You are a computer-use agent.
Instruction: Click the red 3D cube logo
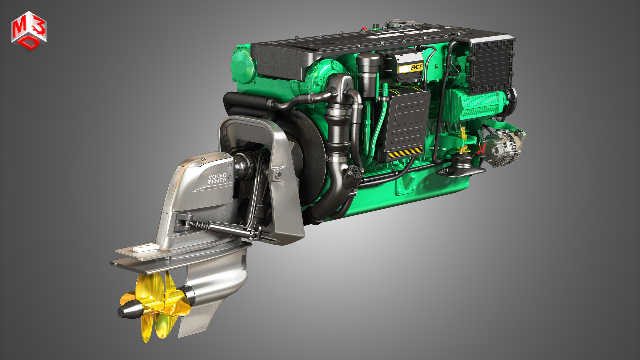click(x=29, y=31)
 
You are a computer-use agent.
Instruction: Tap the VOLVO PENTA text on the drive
click(x=217, y=179)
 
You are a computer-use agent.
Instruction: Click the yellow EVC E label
click(x=411, y=68)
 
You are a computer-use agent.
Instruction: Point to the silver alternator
click(x=502, y=147)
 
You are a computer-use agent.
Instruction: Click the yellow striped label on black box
click(x=405, y=153)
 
